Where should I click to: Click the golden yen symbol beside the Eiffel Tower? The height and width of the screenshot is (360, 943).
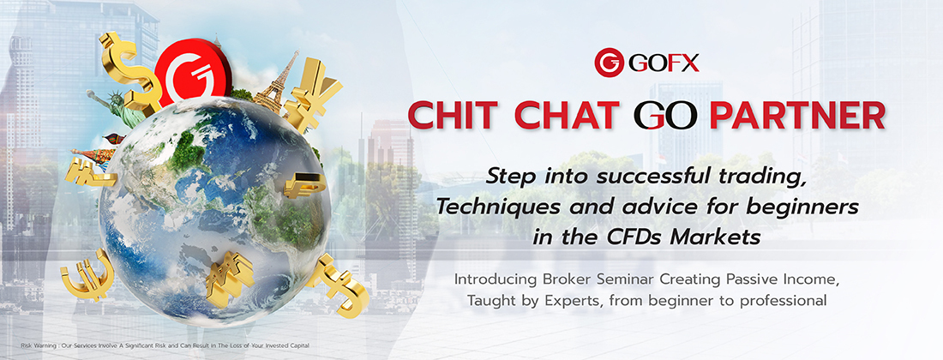click(x=312, y=94)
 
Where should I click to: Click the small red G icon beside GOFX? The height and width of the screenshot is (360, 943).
click(x=609, y=63)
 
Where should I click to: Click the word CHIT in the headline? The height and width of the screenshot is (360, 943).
click(x=461, y=116)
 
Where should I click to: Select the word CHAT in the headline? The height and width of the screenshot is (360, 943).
click(x=574, y=116)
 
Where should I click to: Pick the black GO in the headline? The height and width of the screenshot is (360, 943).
click(x=665, y=116)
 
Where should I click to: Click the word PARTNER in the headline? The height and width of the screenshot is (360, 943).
click(x=797, y=116)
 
